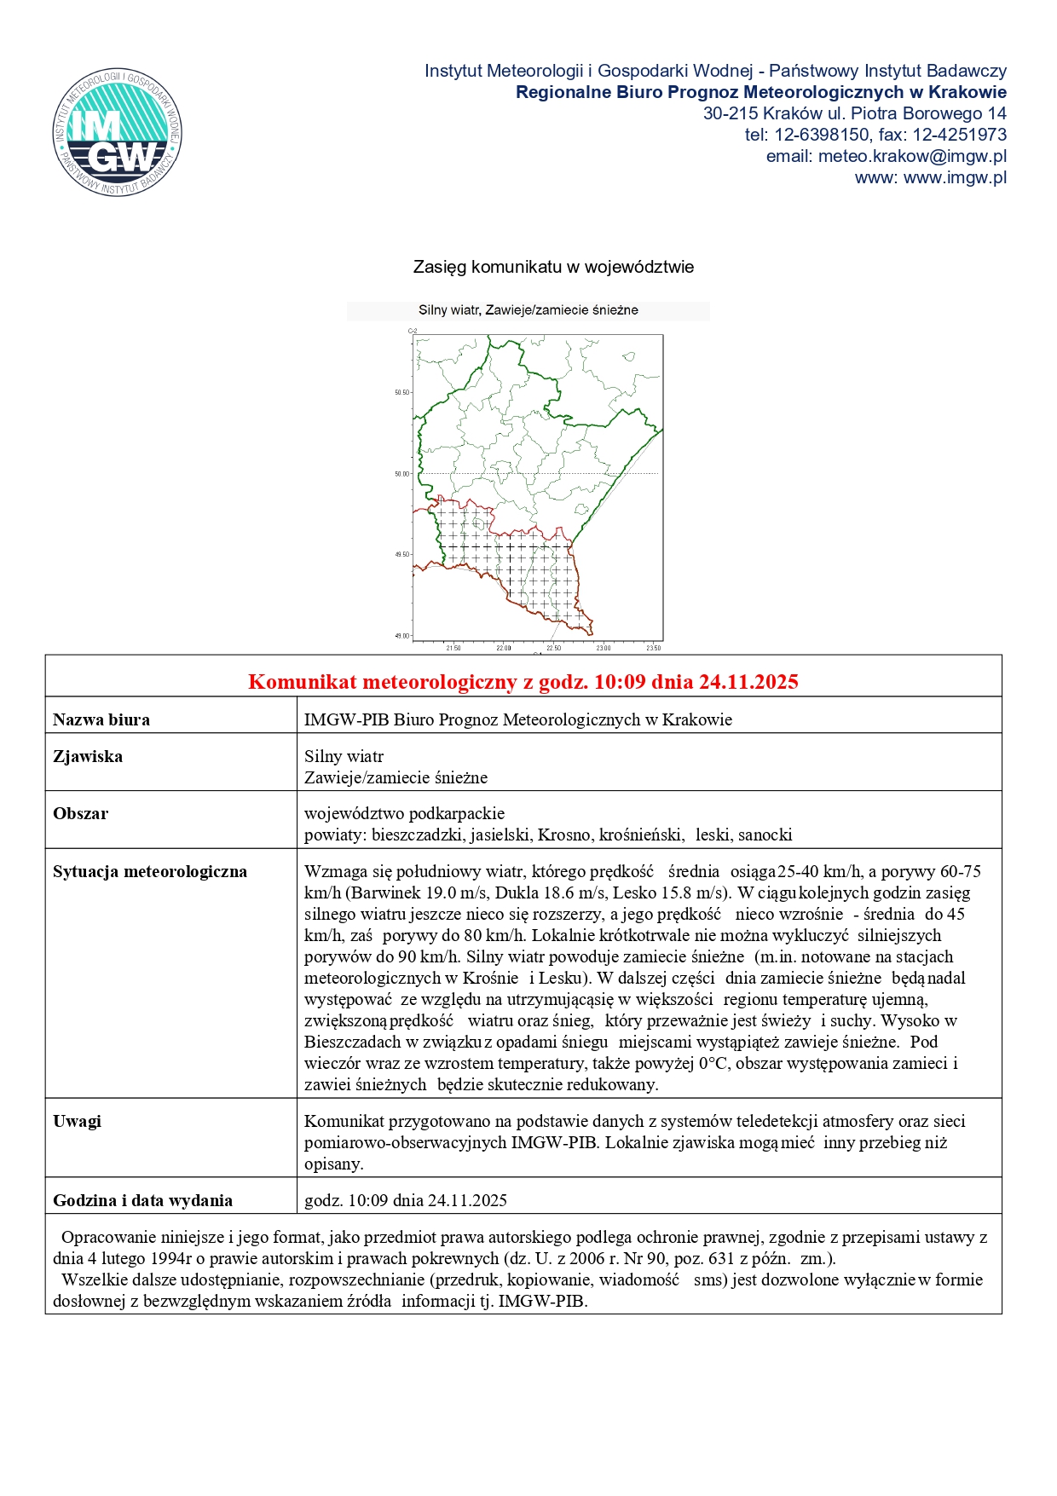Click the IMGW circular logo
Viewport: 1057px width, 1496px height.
click(117, 132)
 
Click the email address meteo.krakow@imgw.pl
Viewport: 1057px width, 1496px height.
click(911, 156)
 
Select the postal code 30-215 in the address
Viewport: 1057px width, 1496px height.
click(730, 113)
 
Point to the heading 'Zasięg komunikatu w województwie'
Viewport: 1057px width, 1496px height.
click(553, 267)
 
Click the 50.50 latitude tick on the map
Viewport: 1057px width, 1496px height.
click(402, 393)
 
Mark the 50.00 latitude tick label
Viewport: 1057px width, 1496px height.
click(402, 474)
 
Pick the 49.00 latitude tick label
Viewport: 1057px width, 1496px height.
click(402, 636)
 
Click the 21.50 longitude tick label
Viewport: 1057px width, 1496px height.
click(453, 649)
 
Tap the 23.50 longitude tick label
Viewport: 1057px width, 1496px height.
click(653, 649)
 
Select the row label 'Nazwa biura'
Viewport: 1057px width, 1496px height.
click(101, 719)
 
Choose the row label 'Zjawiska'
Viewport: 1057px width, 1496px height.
click(88, 756)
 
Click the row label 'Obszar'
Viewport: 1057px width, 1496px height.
click(81, 813)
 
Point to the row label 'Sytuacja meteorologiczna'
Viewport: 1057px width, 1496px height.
click(150, 871)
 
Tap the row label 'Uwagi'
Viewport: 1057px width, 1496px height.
click(77, 1121)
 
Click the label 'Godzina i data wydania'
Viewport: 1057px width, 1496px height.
click(142, 1200)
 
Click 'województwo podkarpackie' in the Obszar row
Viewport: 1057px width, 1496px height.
click(404, 813)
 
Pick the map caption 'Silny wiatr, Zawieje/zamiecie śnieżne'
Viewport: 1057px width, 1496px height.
click(528, 310)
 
